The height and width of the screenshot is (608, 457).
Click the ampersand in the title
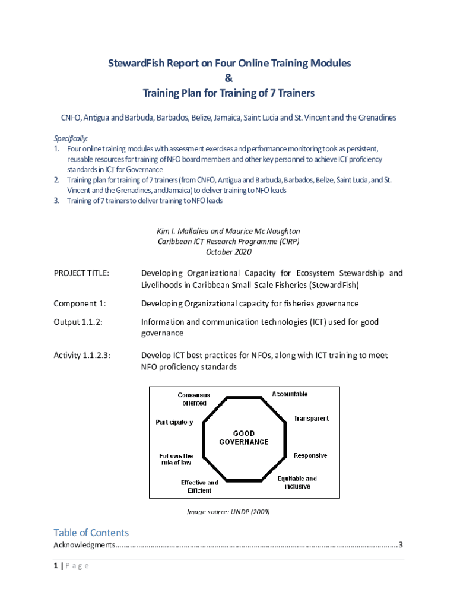(x=228, y=78)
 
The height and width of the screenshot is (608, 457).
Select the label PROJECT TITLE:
(x=81, y=273)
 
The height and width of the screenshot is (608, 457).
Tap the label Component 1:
(x=80, y=303)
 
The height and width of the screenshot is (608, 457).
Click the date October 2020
(x=228, y=252)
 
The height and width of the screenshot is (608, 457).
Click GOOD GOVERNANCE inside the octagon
(x=243, y=438)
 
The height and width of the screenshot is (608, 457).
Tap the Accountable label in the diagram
(x=290, y=394)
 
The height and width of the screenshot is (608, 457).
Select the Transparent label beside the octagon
(x=311, y=419)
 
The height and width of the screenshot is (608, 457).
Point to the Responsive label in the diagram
(x=310, y=456)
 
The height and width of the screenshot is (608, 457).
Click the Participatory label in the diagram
(x=174, y=423)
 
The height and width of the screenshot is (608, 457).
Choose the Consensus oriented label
(x=194, y=399)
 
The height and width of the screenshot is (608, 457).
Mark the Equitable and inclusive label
(x=297, y=482)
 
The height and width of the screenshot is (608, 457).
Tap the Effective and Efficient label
(x=199, y=487)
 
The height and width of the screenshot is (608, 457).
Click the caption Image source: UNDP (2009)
(x=228, y=511)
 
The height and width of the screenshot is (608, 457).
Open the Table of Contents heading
(x=91, y=533)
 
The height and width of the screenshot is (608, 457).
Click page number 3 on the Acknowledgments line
(x=401, y=545)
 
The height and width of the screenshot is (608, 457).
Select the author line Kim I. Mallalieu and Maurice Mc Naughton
(x=228, y=230)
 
